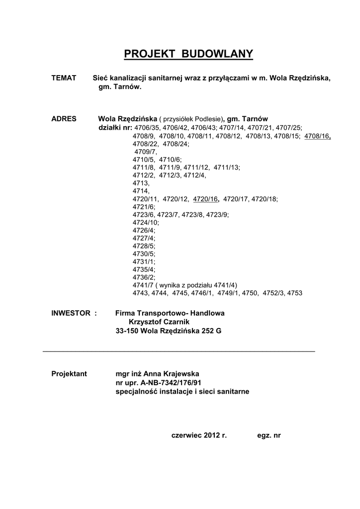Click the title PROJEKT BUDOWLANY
188,54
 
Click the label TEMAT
64,79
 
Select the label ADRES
64,119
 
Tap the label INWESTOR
71,313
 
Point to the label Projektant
69,374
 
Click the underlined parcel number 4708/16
317,136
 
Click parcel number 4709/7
145,151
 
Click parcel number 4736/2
144,277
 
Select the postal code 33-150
127,331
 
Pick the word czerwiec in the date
185,435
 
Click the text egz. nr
269,435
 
